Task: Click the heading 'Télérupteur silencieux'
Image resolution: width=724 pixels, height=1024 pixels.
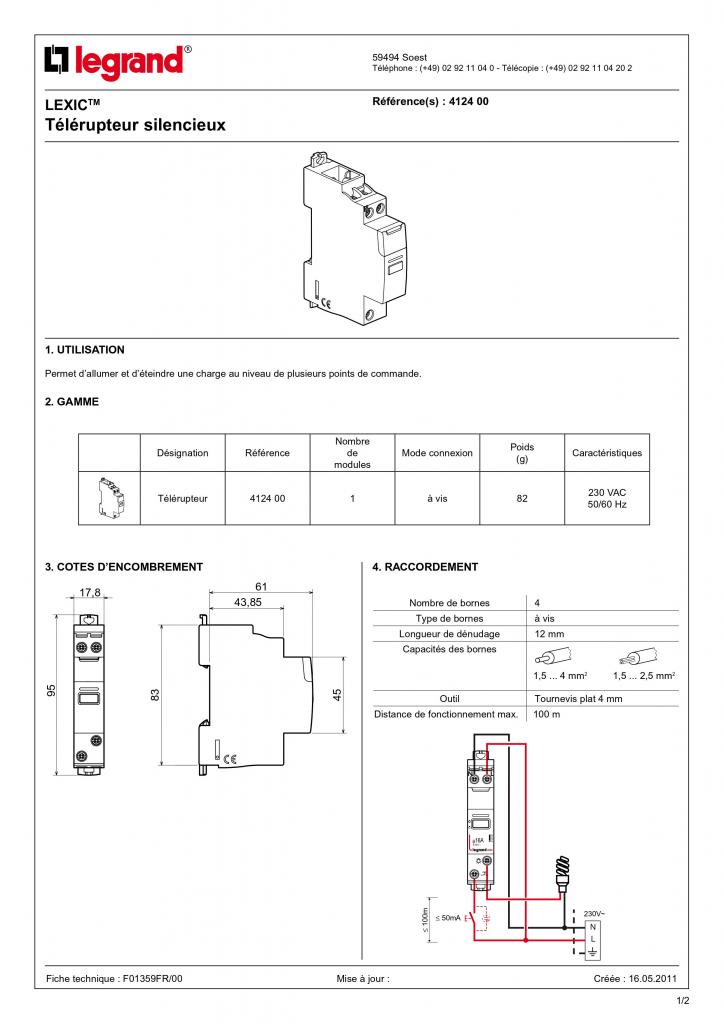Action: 136,126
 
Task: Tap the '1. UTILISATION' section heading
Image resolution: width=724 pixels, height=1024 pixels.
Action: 85,350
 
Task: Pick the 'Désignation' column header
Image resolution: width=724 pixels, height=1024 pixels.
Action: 183,453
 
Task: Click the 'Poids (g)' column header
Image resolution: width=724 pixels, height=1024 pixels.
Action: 522,453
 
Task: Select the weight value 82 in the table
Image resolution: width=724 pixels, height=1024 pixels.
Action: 522,498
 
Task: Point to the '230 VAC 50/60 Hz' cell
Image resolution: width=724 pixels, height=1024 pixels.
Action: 607,498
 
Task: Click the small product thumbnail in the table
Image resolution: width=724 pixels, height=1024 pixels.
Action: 109,497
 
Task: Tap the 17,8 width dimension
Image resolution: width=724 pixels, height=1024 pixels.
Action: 90,593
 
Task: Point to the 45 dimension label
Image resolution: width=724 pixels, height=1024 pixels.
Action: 338,693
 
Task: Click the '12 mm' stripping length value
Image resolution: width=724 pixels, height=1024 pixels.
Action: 549,634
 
